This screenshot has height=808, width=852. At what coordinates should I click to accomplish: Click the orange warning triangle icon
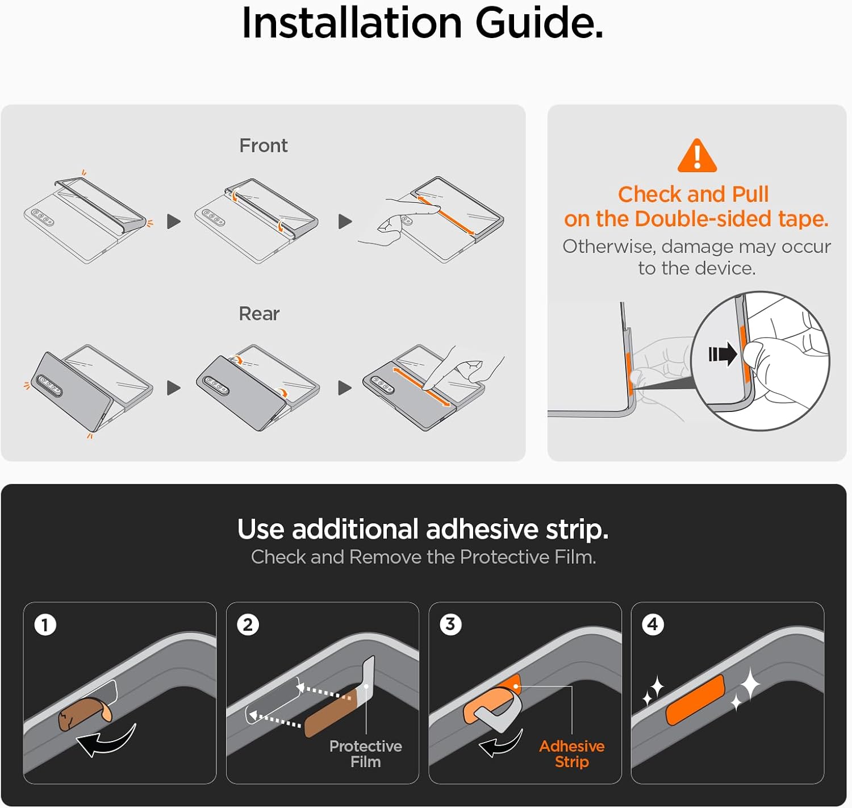click(697, 155)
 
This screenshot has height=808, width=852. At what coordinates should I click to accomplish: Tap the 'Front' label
click(264, 145)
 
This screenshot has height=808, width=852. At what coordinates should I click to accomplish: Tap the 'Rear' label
click(259, 314)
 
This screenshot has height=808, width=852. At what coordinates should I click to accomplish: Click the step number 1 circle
click(45, 625)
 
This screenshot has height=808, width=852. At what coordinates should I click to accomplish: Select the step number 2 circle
click(248, 625)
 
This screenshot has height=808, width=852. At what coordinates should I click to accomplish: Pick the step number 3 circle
click(450, 624)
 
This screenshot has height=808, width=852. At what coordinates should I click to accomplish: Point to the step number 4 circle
click(653, 624)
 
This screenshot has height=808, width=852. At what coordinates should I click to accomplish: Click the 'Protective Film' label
click(365, 754)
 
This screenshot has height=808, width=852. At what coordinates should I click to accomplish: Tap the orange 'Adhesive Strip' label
click(572, 754)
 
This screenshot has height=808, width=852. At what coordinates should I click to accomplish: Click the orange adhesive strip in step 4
click(695, 699)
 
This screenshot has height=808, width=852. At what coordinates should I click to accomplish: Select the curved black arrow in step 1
click(106, 740)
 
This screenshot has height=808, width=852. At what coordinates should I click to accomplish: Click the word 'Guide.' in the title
click(539, 23)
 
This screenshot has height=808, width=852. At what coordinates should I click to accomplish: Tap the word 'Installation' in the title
click(352, 23)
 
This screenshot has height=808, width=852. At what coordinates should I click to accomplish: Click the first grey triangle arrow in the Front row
click(174, 222)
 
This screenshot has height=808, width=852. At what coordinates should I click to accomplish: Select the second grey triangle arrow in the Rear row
click(345, 388)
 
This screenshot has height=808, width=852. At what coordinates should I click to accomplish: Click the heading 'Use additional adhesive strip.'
click(423, 530)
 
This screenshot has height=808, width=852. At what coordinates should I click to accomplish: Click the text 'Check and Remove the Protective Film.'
click(423, 557)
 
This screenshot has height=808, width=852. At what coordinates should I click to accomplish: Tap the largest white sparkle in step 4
click(750, 684)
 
